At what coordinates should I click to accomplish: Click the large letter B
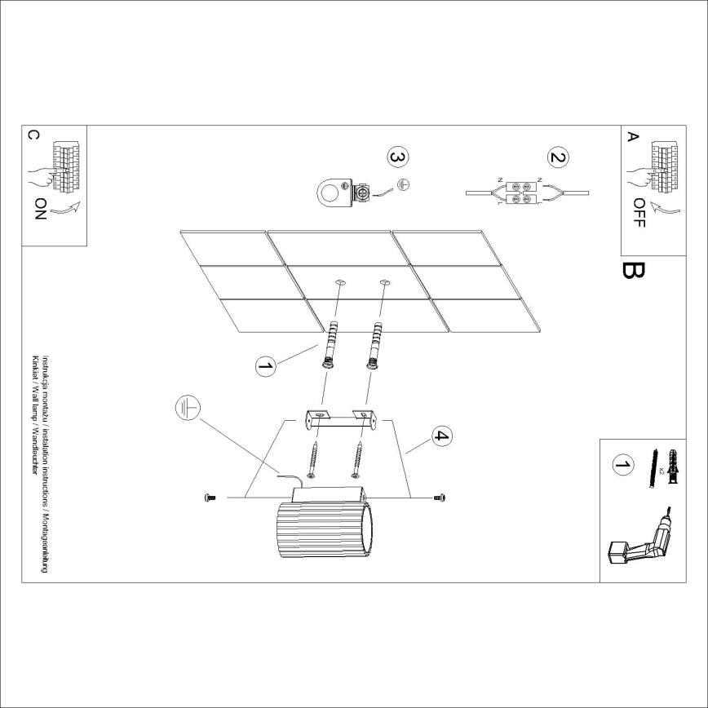coord(632,270)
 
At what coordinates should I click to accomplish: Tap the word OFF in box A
coord(639,212)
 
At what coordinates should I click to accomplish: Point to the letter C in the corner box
coord(33,135)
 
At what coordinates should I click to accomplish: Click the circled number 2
coord(558,158)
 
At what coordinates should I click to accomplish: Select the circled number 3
coord(396,157)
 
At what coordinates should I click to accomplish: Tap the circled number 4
coord(440,436)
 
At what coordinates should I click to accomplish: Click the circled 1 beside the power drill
coord(622,466)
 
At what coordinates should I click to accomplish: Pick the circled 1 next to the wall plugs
coord(265,367)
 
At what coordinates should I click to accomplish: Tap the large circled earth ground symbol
coord(187,407)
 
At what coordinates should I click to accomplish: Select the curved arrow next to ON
coord(70,210)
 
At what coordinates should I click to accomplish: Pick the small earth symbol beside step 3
coord(403,185)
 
